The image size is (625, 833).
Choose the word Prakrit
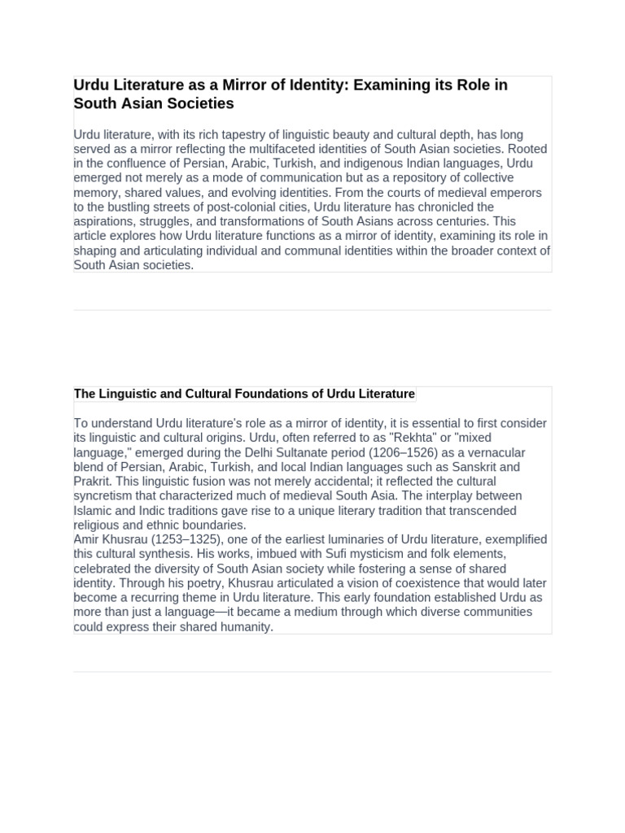[94, 482]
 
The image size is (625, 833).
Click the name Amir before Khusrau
[88, 540]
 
